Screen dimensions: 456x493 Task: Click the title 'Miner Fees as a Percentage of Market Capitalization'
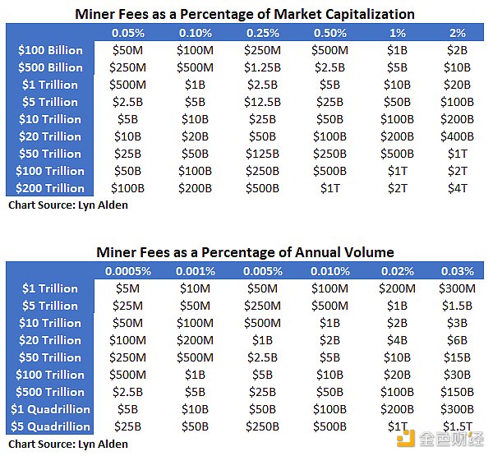245,14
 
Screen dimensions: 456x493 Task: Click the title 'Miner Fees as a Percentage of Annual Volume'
245,252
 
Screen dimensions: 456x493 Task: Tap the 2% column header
458,33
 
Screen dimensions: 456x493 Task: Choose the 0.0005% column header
126,271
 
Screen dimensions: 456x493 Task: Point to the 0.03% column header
458,271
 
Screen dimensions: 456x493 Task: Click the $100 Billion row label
50,50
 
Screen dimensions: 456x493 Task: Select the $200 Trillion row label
50,188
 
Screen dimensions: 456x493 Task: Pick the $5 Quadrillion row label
50,426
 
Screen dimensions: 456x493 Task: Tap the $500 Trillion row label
50,392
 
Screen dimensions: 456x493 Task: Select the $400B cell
458,136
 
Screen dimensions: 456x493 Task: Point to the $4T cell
458,188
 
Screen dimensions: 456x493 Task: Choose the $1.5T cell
458,426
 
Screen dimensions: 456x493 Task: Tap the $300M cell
458,288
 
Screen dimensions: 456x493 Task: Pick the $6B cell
458,340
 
